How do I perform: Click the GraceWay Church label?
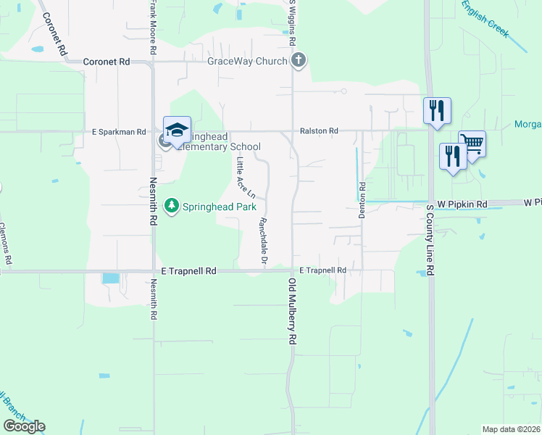coord(247,62)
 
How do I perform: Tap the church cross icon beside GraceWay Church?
coord(297,60)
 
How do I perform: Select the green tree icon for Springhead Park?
coord(172,207)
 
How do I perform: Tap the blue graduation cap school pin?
coord(177,130)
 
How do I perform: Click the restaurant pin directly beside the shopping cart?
coord(453,157)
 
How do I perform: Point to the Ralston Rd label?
coord(320,131)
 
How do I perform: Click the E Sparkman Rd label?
coord(119,132)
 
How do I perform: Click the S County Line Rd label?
coord(430,239)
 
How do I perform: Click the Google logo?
coord(24,426)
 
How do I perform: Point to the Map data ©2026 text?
coord(512,429)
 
